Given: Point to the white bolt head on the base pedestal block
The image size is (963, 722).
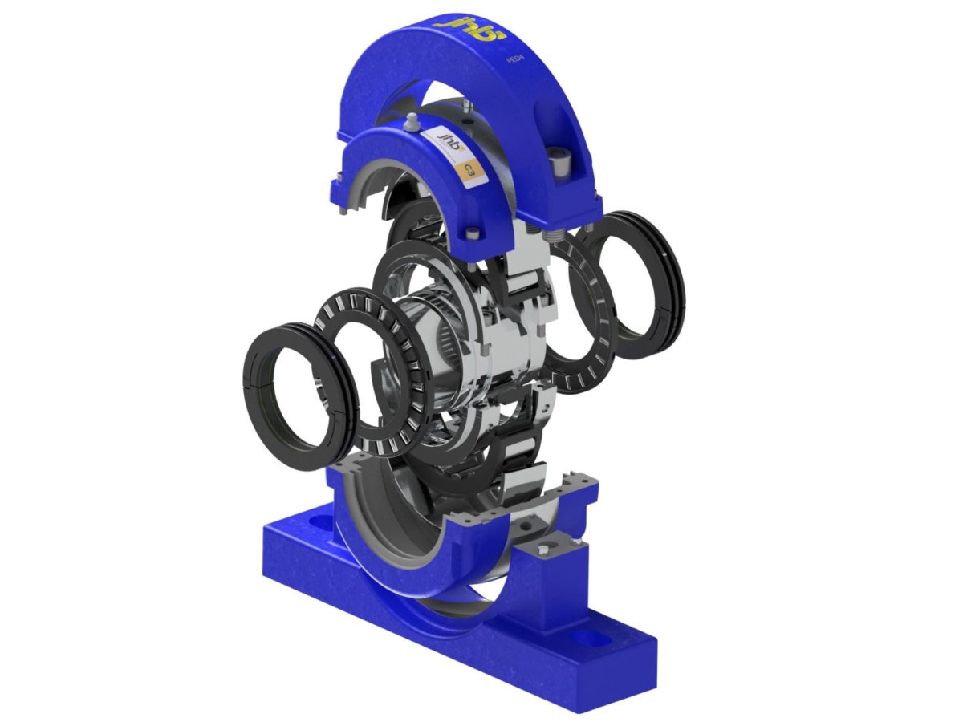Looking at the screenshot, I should click(x=545, y=551).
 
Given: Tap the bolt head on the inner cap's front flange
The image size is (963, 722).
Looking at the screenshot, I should click(x=473, y=234).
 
